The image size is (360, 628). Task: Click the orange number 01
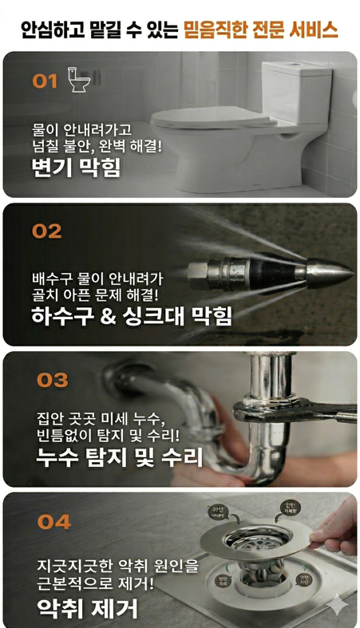[x=45, y=81]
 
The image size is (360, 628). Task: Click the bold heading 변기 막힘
[x=76, y=168]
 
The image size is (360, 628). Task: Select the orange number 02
[x=46, y=231]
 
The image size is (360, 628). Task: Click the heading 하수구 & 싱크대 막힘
[x=132, y=316]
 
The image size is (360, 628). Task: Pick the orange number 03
[x=52, y=380]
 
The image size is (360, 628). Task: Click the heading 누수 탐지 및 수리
[x=119, y=457]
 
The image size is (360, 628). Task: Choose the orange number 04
[x=53, y=523]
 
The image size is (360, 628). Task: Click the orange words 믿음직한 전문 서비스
[x=261, y=30]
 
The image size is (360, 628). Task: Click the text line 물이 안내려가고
[x=81, y=128]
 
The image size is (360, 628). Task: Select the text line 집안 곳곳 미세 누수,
[x=100, y=418]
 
